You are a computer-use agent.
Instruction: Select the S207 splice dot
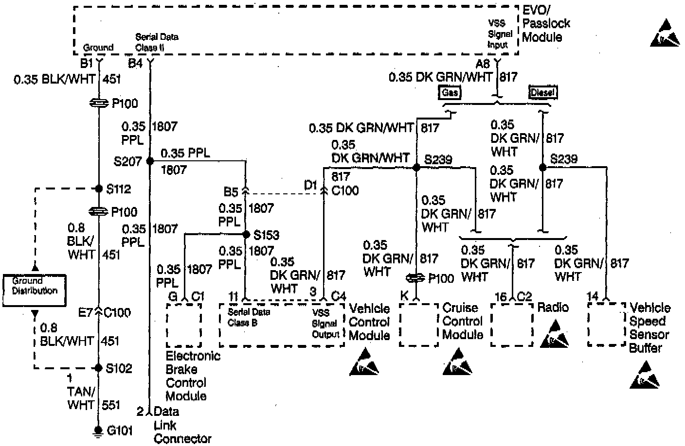[x=149, y=161]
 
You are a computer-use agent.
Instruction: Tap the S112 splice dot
[x=99, y=189]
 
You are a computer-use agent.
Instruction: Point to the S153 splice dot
[x=246, y=234]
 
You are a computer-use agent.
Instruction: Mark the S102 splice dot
[x=99, y=368]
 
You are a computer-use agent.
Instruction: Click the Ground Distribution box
[x=35, y=290]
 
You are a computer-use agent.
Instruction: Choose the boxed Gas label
[x=450, y=92]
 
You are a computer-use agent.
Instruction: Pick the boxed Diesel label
[x=542, y=92]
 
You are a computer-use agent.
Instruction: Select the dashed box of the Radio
[x=511, y=325]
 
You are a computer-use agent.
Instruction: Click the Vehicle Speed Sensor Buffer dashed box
[x=606, y=325]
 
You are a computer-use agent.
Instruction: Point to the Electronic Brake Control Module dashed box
[x=184, y=325]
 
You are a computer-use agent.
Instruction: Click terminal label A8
[x=483, y=64]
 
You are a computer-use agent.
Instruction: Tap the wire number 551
[x=111, y=405]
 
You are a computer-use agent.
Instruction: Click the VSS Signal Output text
[x=325, y=324]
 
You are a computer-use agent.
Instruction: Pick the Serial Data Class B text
[x=249, y=317]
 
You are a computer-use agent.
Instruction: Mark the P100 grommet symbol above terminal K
[x=416, y=277]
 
